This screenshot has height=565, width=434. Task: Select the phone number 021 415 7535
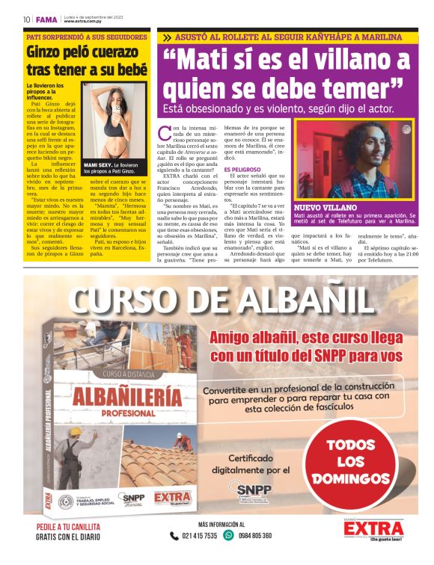(x=199, y=536)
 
